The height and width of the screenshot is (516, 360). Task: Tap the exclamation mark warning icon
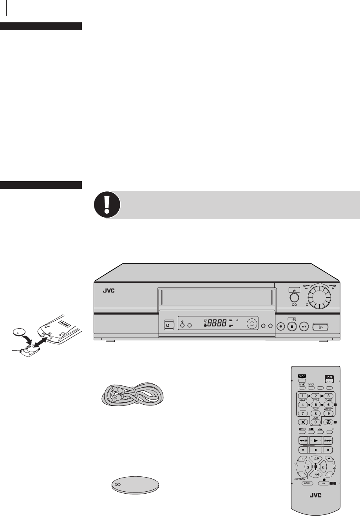[x=107, y=205]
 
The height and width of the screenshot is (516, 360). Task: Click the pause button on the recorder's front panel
[x=292, y=326]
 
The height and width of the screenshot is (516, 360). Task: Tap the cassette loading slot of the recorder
[x=216, y=297]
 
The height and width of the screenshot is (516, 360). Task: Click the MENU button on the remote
[x=308, y=484]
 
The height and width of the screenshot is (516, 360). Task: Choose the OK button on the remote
[x=324, y=484]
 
